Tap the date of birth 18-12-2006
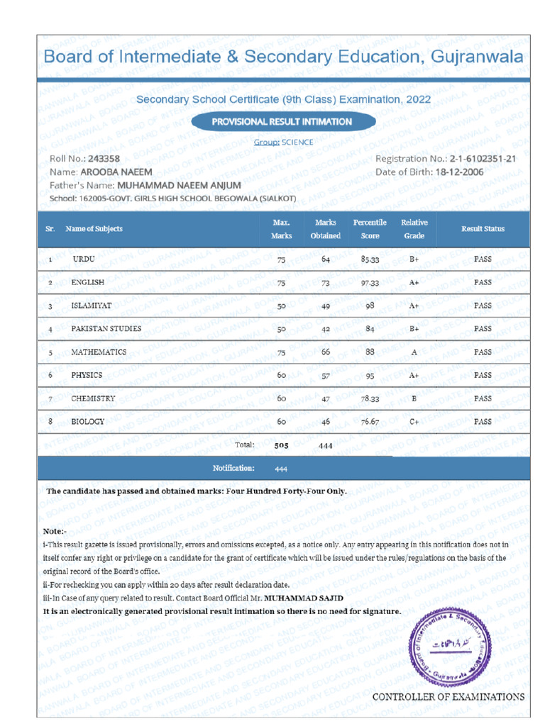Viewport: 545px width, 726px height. pos(461,172)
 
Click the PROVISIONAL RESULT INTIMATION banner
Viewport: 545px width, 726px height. pos(282,121)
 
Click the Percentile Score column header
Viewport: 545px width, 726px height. pos(370,229)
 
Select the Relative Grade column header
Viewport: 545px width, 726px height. pos(414,229)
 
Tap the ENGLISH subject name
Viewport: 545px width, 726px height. pos(88,282)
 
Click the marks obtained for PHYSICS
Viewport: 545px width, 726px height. pos(325,376)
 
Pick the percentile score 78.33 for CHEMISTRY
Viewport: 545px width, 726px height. pos(370,399)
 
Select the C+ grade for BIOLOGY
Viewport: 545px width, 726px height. pos(414,422)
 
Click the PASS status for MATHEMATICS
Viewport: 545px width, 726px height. pos(483,352)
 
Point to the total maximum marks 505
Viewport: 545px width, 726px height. pos(282,446)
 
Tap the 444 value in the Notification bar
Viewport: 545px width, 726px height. pos(281,469)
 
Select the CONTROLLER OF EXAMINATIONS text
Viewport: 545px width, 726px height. pos(448,697)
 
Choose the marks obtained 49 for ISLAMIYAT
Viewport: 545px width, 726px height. pos(325,306)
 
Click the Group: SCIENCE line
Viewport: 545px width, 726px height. pos(283,143)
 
